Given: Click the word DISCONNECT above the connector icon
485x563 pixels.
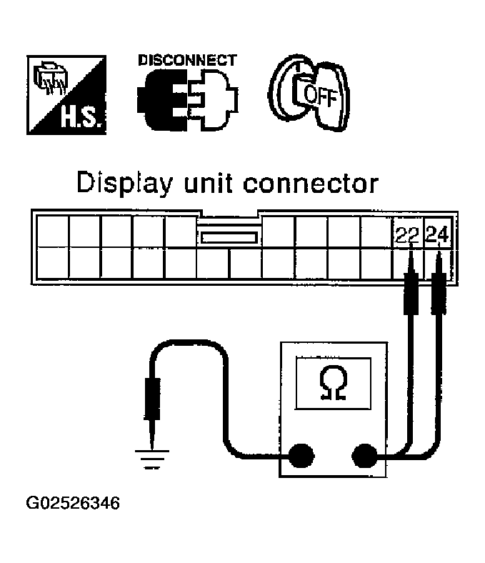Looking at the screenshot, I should coord(186,61).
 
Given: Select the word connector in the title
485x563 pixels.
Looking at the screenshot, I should coord(310,184).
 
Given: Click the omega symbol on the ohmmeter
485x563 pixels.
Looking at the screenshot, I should coord(332,384).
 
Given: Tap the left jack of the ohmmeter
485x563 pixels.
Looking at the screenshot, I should coord(300,454).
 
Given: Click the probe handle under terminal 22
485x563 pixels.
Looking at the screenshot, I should coord(410,293).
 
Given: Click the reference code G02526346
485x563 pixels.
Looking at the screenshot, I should coord(74,503).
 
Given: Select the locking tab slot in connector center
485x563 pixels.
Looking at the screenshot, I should coord(229,236).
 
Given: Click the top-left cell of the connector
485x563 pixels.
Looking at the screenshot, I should coord(52,231).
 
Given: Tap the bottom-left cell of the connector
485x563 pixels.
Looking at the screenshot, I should coord(52,262).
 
